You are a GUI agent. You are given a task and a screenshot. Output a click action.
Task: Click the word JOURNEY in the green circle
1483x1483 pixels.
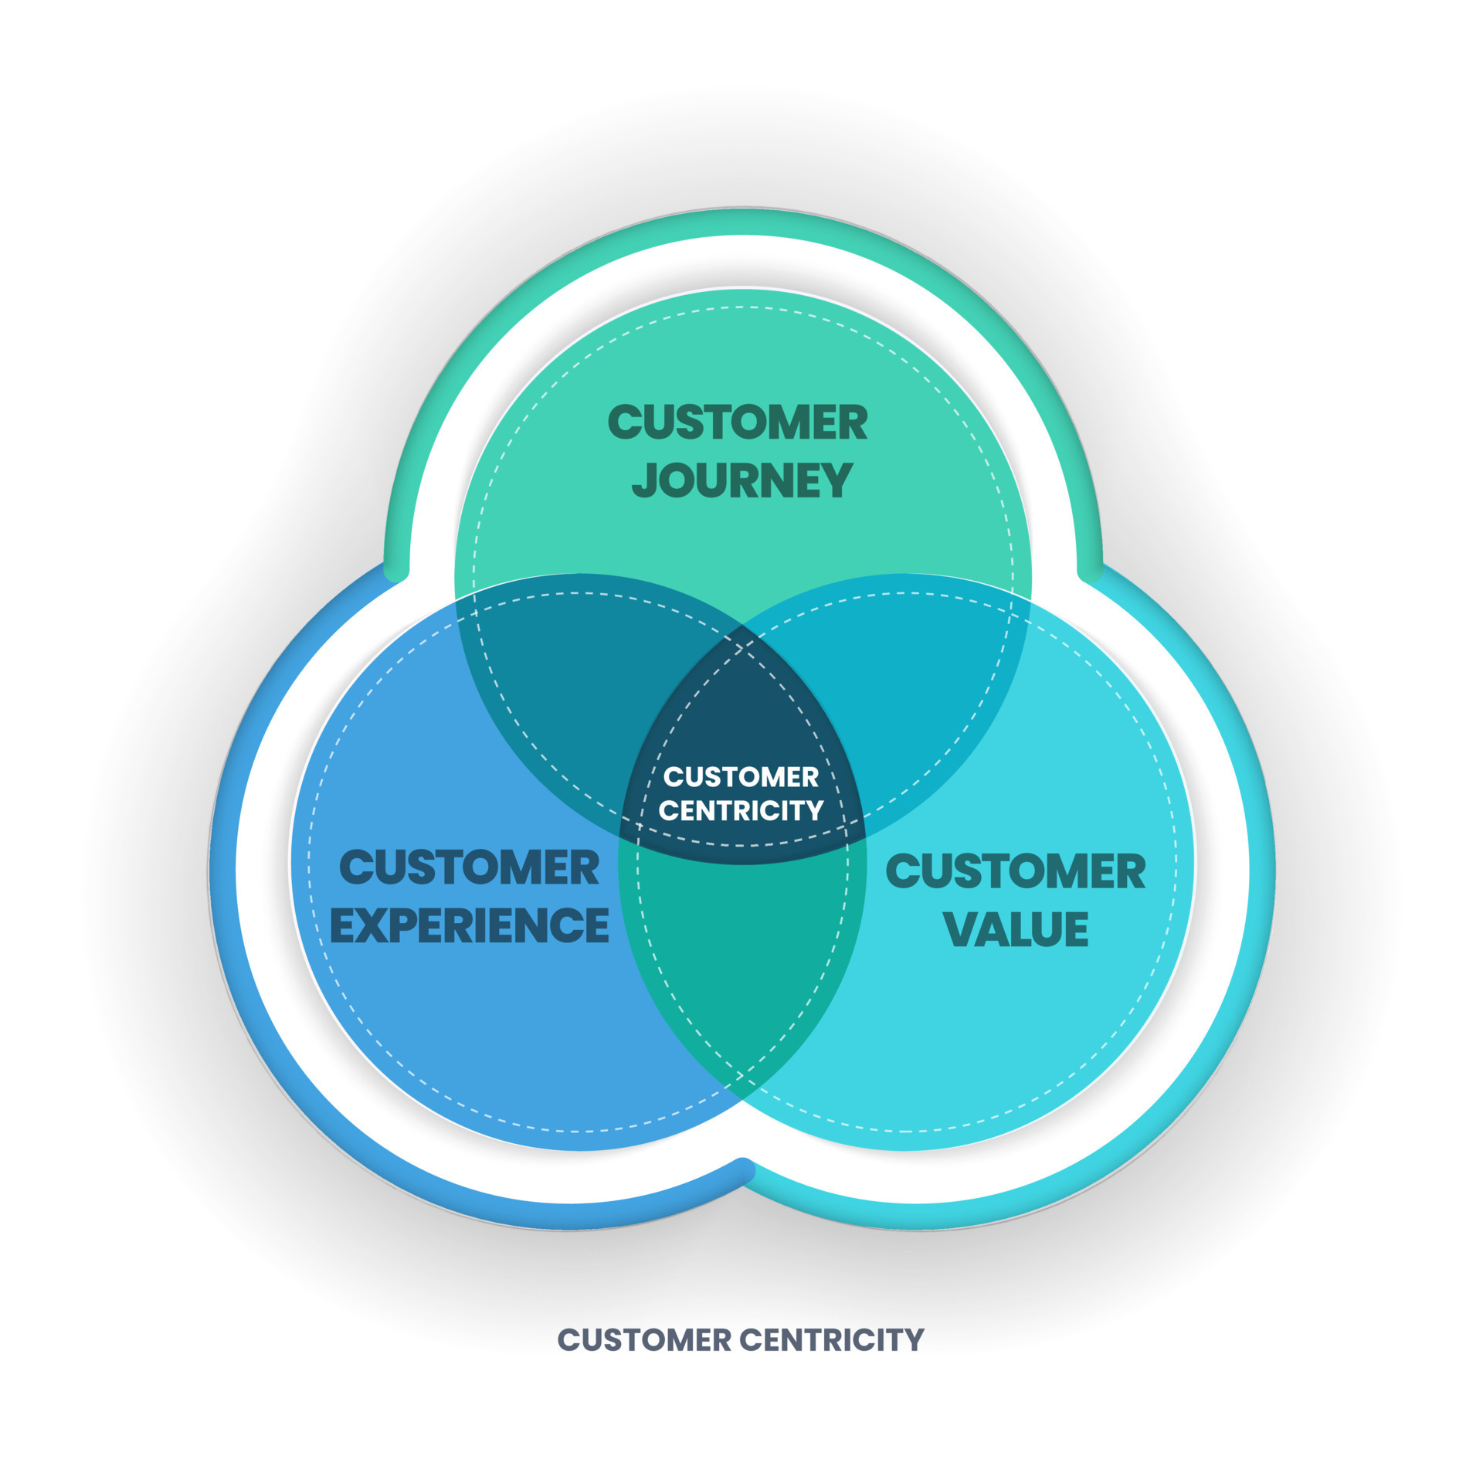[x=742, y=480]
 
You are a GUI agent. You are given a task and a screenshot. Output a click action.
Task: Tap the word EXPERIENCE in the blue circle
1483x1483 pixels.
[x=469, y=925]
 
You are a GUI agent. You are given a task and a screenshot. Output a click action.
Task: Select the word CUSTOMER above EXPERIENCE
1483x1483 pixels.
[x=469, y=867]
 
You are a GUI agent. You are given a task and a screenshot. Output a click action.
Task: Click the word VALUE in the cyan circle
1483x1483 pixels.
[x=1016, y=928]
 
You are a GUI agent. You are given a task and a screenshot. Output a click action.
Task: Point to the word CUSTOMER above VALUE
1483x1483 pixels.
[x=1015, y=871]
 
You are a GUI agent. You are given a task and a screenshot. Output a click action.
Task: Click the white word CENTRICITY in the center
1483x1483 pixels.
[x=741, y=810]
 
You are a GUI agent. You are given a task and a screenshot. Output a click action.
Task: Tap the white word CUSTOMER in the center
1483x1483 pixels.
[x=741, y=776]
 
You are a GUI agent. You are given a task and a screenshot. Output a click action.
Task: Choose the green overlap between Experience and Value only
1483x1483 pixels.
[x=741, y=965]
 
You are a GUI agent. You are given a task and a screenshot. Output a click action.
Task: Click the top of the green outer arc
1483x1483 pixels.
[x=742, y=222]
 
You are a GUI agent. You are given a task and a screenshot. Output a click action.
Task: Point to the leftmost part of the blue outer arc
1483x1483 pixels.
[x=222, y=873]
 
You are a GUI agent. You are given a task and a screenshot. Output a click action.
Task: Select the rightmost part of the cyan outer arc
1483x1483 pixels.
[x=1261, y=873]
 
